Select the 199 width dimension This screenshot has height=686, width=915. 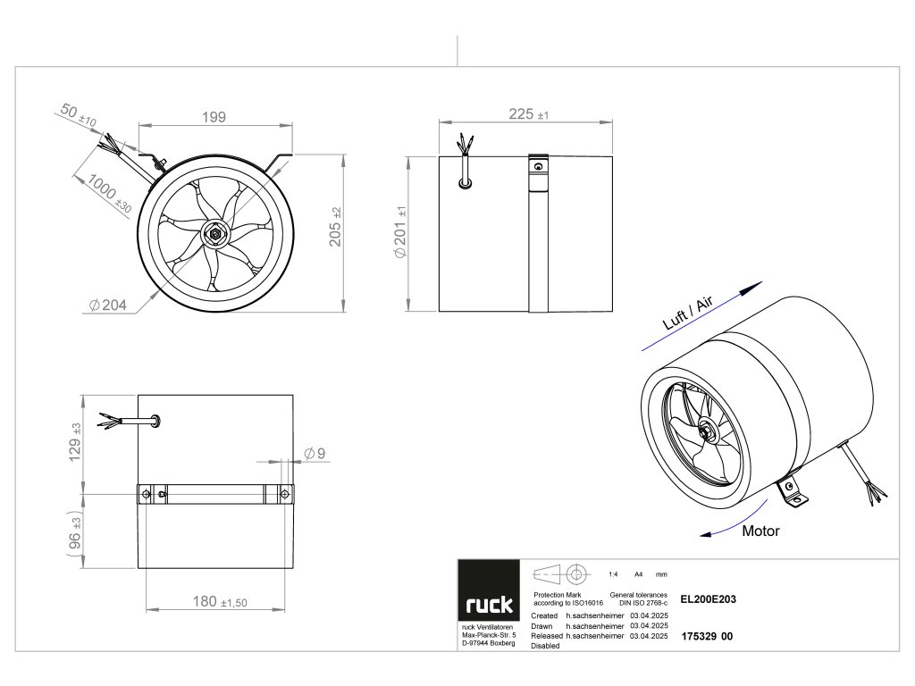pos(213,117)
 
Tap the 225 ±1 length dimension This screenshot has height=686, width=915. pos(528,113)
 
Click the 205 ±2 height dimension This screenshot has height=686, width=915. pos(336,233)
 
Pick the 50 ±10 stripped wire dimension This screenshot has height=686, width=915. pos(79,115)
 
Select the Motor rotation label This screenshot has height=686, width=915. pos(760,531)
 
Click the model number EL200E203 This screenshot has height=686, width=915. pos(708,600)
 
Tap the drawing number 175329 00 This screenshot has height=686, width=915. pos(707,637)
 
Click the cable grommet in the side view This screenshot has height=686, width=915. pos(465,183)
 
